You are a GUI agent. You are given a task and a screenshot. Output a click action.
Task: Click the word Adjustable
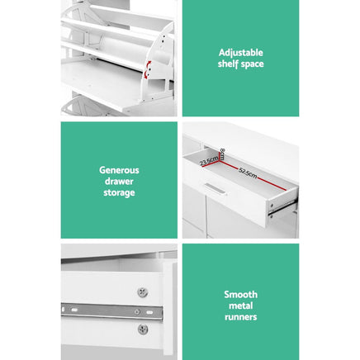coord(240,52)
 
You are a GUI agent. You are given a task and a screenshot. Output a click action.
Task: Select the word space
coord(252,64)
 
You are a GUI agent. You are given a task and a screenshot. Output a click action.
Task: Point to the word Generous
coord(119,170)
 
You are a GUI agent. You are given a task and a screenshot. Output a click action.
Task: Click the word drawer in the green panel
coord(119,182)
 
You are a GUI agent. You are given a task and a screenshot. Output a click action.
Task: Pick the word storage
coord(119,193)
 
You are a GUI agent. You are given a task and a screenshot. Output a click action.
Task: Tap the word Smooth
coord(240,294)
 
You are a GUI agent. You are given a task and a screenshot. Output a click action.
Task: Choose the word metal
coord(240,306)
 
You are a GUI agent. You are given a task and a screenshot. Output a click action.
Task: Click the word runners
coord(240,317)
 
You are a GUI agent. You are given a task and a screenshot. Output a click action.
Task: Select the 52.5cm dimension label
coord(248,174)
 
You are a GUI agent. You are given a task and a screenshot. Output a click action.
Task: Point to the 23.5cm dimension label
coord(208,160)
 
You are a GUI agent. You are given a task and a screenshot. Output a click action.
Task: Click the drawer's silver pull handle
coord(216,189)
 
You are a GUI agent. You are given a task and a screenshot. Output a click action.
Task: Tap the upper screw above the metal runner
coord(142,292)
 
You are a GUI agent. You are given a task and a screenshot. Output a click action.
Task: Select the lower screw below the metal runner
coord(142,329)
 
